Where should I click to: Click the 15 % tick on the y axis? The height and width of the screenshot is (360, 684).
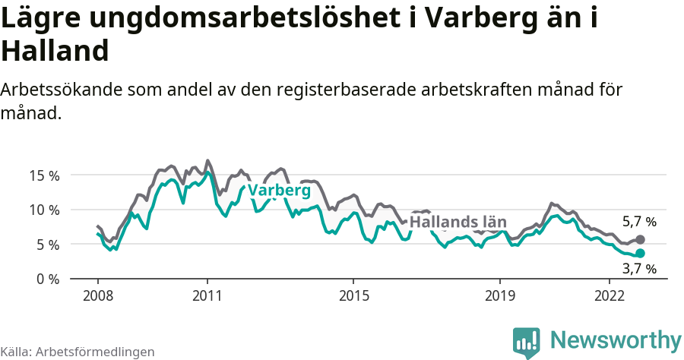[x=43, y=175]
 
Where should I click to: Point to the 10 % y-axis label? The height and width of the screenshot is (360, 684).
[x=43, y=210]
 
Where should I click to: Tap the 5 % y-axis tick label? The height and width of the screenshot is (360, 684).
[x=46, y=245]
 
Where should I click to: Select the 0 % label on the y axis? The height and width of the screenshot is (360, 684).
[x=46, y=279]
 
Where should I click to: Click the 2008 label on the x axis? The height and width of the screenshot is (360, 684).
[x=98, y=295]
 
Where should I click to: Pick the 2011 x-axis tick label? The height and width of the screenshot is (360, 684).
[x=207, y=295]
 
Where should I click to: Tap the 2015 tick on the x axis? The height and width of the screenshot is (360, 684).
[x=353, y=295]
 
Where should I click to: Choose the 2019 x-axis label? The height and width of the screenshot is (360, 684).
[x=500, y=295]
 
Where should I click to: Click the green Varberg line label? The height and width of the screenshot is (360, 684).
[x=279, y=190]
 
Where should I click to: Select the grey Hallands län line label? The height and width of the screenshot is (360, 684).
[x=458, y=222]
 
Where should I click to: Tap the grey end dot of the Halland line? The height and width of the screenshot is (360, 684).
[x=640, y=239]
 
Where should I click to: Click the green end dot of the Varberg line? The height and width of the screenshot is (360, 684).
[x=640, y=253]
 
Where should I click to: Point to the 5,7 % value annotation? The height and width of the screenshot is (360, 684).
[x=639, y=223]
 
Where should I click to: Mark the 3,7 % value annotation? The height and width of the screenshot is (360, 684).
[x=639, y=268]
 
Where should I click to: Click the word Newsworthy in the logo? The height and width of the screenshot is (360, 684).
[x=616, y=339]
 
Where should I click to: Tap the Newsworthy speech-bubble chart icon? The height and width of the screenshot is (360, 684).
[x=526, y=342]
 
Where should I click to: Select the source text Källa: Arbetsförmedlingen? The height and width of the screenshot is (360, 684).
[x=78, y=352]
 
